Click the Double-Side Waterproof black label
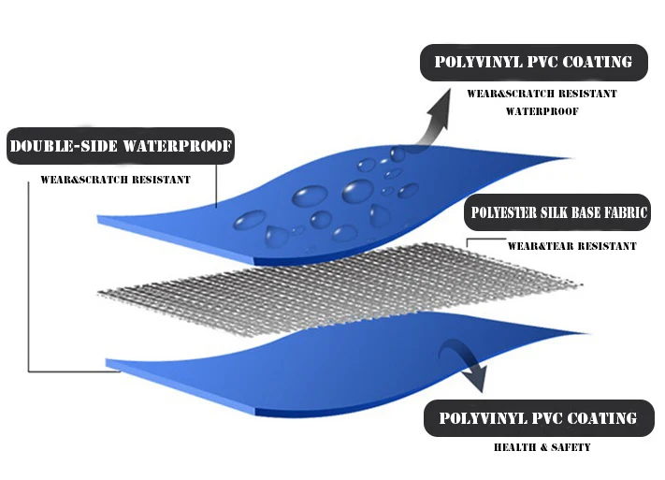(120, 146)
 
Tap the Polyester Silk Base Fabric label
(557, 212)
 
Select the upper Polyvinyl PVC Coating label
(533, 63)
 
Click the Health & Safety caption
(542, 447)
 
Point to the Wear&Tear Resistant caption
(571, 246)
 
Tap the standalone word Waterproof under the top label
(542, 110)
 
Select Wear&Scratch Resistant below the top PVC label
(542, 94)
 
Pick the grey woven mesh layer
(337, 285)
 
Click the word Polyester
(501, 212)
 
